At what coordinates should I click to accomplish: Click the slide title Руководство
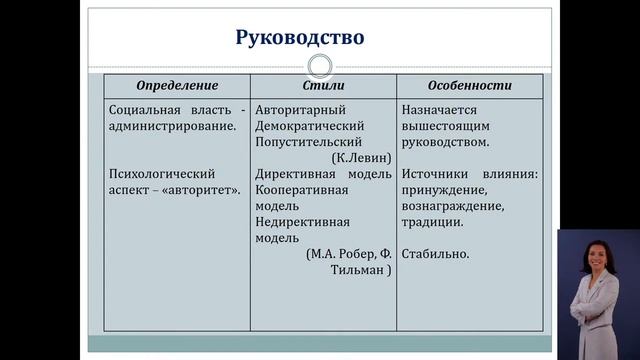click(x=299, y=39)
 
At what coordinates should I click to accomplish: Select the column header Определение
click(x=177, y=86)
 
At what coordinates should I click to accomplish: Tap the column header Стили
click(x=322, y=86)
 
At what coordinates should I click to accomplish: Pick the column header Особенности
click(x=469, y=86)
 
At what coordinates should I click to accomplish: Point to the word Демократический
click(x=309, y=126)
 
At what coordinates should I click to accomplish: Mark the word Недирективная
click(x=302, y=222)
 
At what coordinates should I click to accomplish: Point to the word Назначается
click(x=441, y=110)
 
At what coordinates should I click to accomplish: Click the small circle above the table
click(x=320, y=67)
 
